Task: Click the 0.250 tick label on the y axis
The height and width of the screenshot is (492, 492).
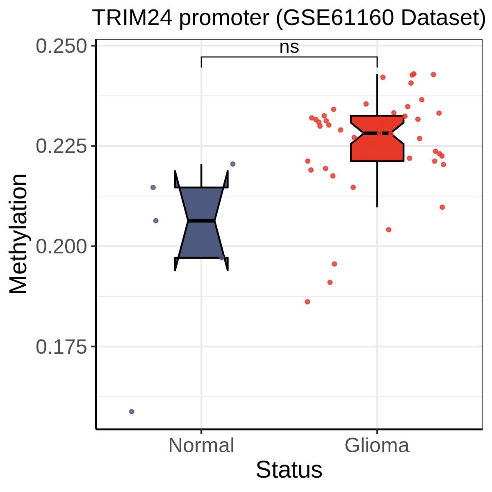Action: tap(61, 46)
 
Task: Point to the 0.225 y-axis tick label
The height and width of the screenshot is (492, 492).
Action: tap(61, 146)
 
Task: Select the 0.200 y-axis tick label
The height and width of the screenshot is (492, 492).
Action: tap(61, 247)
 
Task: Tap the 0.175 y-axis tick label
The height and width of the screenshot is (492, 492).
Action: tap(61, 347)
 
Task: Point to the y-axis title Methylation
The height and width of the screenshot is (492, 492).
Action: tap(18, 234)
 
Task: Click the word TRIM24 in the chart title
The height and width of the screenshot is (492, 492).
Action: tap(132, 18)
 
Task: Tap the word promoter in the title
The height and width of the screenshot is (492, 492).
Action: tap(224, 19)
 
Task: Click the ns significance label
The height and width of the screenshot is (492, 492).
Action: tap(289, 48)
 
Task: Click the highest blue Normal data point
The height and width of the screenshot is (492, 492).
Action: tap(232, 164)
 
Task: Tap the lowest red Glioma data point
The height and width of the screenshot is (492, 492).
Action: tap(307, 302)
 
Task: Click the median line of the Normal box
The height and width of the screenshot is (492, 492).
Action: tap(201, 220)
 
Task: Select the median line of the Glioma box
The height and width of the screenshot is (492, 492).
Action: tap(377, 133)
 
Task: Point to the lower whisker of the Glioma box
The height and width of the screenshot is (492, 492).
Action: tap(377, 184)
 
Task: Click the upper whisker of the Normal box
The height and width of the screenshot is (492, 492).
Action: tap(201, 175)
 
